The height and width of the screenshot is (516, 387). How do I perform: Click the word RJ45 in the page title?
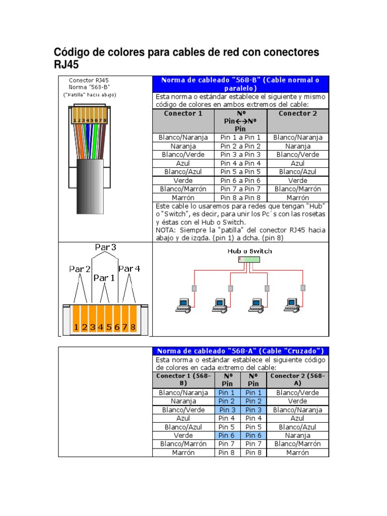pos(67,66)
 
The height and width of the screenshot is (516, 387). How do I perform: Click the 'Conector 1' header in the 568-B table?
pos(183,113)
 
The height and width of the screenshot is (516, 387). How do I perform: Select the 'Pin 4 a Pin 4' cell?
pos(240,163)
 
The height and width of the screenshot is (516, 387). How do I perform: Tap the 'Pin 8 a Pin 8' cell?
pos(240,198)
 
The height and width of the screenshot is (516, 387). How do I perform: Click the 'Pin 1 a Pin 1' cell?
pos(240,138)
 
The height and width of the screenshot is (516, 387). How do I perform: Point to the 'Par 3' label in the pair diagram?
pos(105,247)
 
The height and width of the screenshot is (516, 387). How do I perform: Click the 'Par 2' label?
pos(80,269)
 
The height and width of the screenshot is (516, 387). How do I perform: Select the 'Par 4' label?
pos(129,269)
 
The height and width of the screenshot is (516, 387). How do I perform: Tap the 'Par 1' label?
pos(104,278)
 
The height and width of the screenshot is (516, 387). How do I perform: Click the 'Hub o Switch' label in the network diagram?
pos(249,251)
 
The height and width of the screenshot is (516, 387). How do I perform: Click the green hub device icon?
pos(249,260)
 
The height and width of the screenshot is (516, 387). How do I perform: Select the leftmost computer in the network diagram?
pos(182,304)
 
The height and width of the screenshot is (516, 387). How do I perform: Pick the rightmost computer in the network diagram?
pos(291,304)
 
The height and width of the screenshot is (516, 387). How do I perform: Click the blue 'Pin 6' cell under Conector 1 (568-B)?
pos(226,435)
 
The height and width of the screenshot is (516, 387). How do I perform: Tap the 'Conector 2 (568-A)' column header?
pos(297,379)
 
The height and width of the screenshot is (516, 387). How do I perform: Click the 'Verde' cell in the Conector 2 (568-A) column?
pos(297,401)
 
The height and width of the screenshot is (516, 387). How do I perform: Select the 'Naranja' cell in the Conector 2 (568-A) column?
pos(297,435)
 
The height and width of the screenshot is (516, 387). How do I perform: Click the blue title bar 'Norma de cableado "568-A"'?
pos(240,351)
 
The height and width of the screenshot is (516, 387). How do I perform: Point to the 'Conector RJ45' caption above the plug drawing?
pos(89,80)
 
